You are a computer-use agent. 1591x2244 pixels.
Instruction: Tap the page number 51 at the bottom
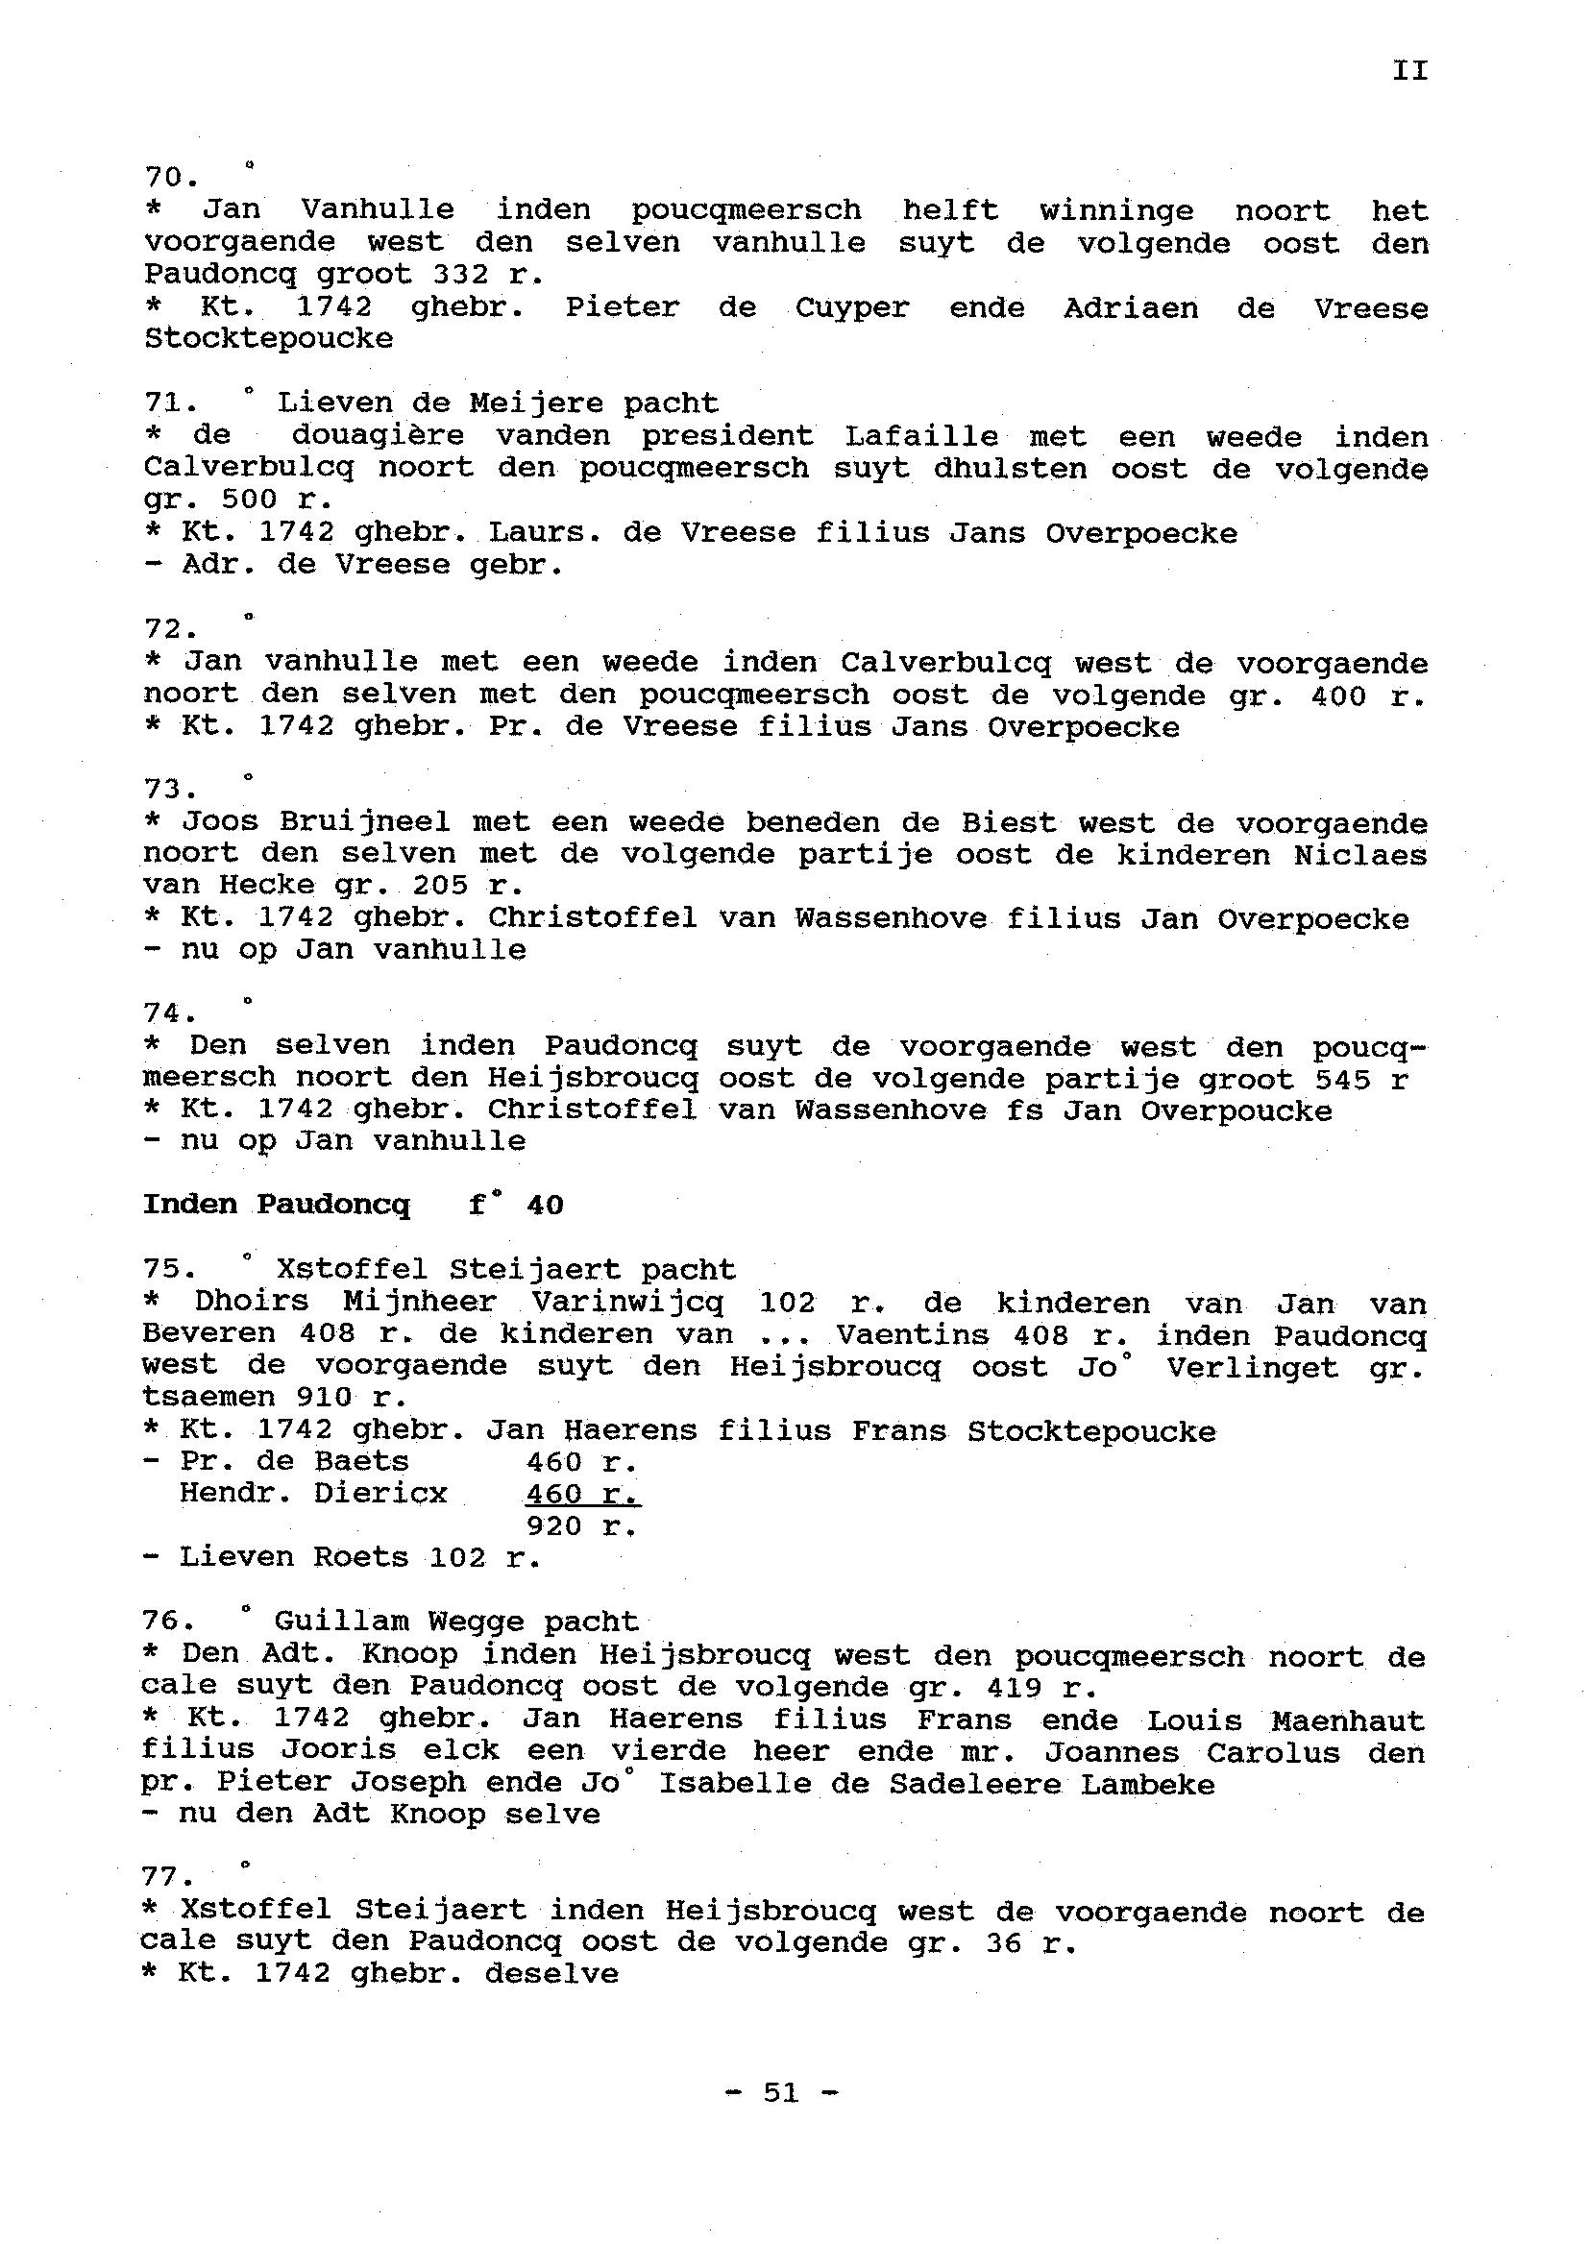(781, 2092)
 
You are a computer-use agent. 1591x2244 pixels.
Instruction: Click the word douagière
(377, 436)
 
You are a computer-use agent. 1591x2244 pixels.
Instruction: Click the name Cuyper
(851, 307)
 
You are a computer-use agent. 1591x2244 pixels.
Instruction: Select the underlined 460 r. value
(582, 1494)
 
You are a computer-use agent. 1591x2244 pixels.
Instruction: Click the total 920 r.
(582, 1526)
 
